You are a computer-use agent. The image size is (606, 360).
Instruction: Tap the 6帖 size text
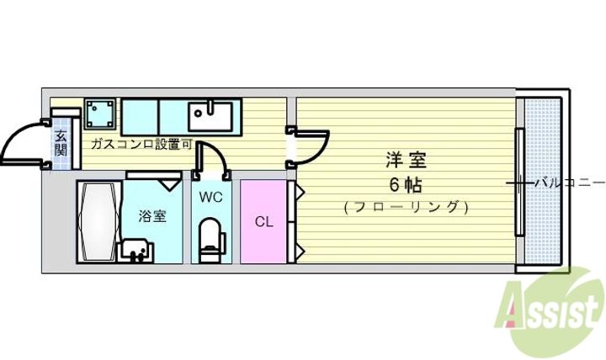coord(405,183)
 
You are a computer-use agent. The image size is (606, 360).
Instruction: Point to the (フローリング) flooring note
coord(406,206)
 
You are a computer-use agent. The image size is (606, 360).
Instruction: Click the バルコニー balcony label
coord(570,183)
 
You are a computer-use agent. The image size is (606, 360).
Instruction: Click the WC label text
coord(210,199)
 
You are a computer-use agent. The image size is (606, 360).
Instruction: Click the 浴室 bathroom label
coord(152,215)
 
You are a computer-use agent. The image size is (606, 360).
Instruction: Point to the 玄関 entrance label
coord(61,143)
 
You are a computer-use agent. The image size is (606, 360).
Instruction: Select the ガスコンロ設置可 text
coord(141,144)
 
